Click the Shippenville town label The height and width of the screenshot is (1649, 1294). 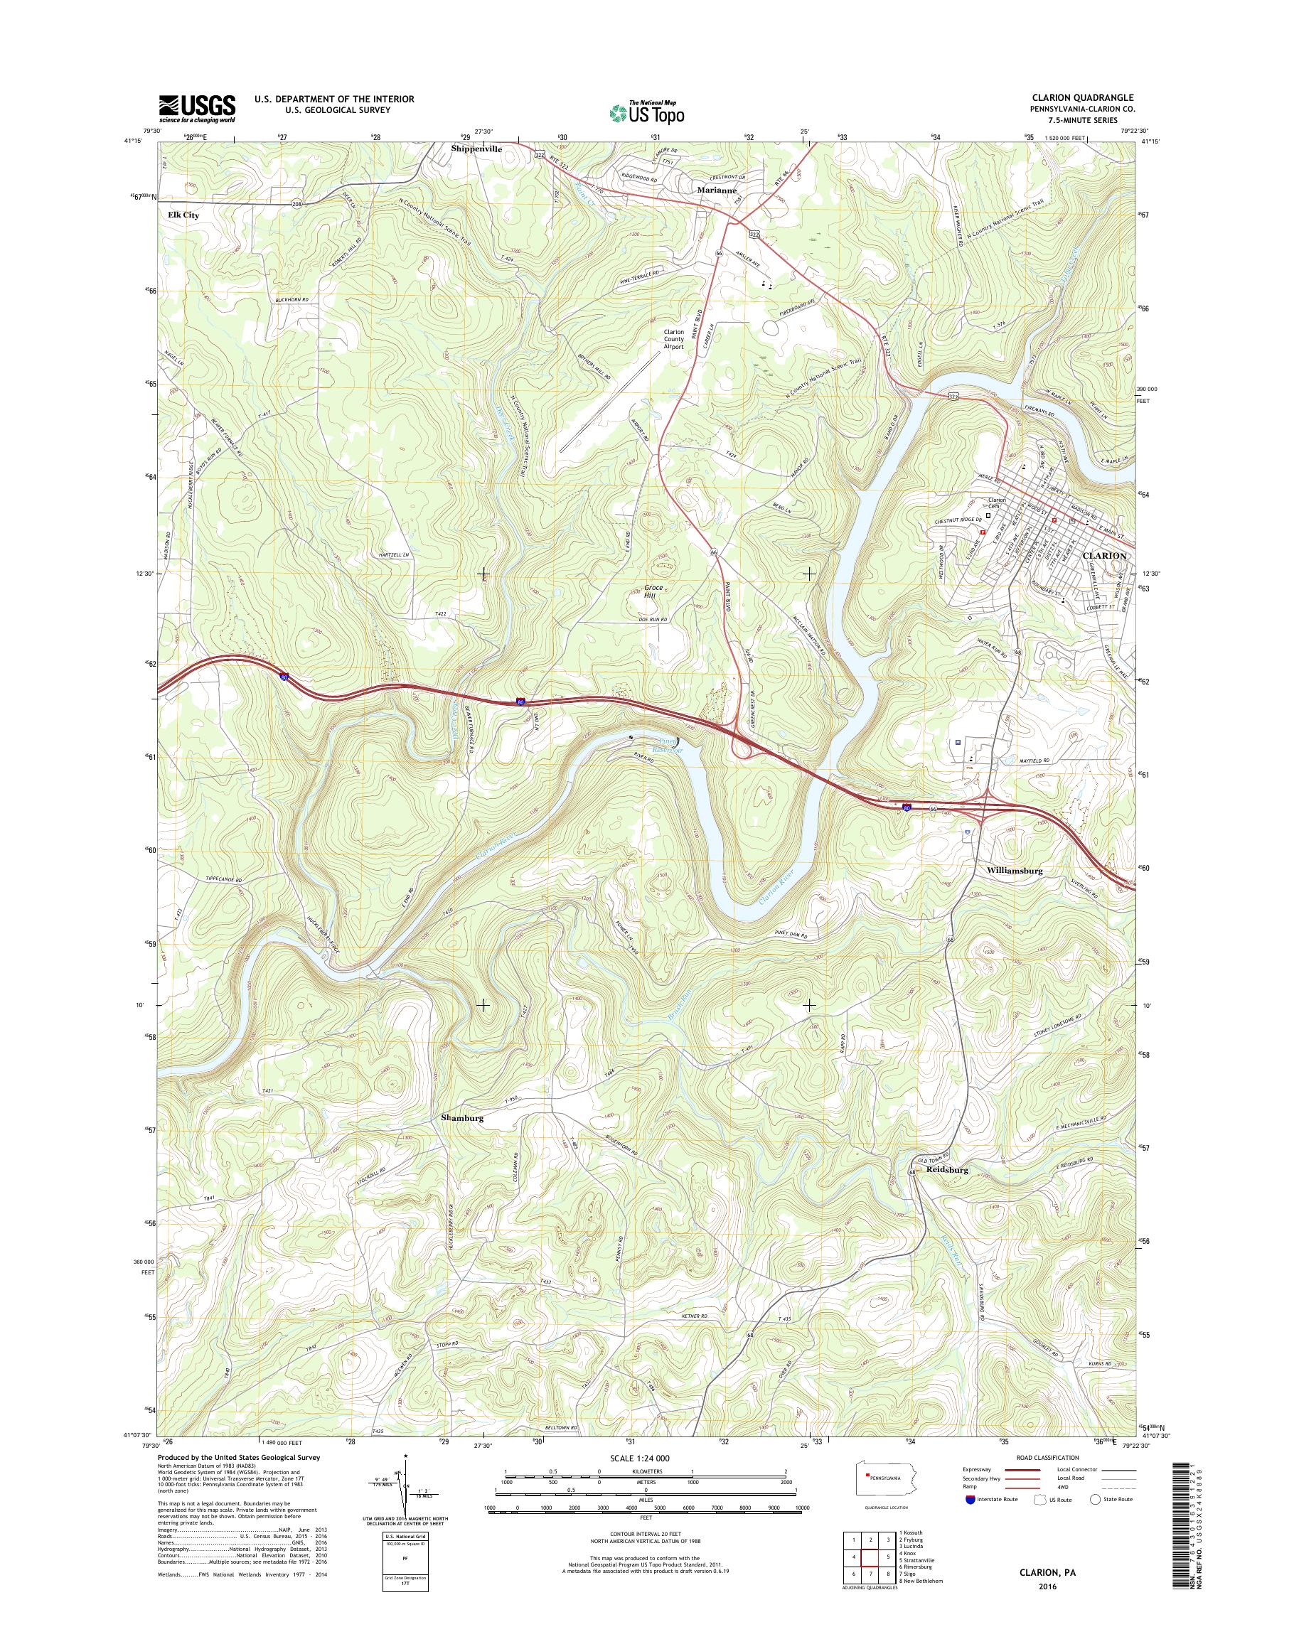tap(476, 149)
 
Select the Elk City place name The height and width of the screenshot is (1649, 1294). tap(183, 215)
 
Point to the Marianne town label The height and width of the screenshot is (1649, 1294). tap(716, 191)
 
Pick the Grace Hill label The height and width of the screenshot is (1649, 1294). tap(654, 591)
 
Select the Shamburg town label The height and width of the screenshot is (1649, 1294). tap(462, 1117)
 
